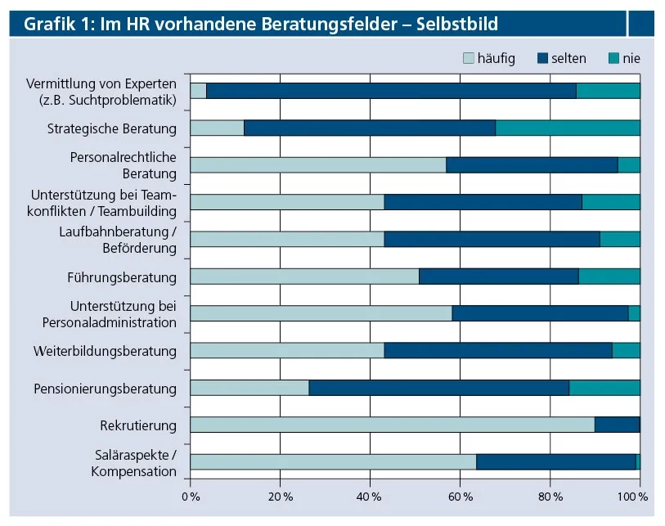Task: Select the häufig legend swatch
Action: click(470, 58)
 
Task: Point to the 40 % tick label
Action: click(370, 497)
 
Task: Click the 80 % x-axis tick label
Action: click(550, 497)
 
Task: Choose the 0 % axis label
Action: click(190, 497)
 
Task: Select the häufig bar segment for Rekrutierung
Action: click(392, 425)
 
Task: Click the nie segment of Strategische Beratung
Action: click(568, 128)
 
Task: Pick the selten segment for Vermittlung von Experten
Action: click(391, 91)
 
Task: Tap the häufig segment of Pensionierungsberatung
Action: click(249, 388)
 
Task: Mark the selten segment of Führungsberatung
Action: click(498, 276)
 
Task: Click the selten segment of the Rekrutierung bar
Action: click(617, 425)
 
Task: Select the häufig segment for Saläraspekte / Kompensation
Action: click(333, 462)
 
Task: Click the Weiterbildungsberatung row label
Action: click(105, 351)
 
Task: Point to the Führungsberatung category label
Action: click(122, 277)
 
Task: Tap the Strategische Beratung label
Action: click(112, 128)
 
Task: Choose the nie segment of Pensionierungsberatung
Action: click(604, 388)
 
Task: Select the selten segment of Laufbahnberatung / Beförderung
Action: click(492, 239)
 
